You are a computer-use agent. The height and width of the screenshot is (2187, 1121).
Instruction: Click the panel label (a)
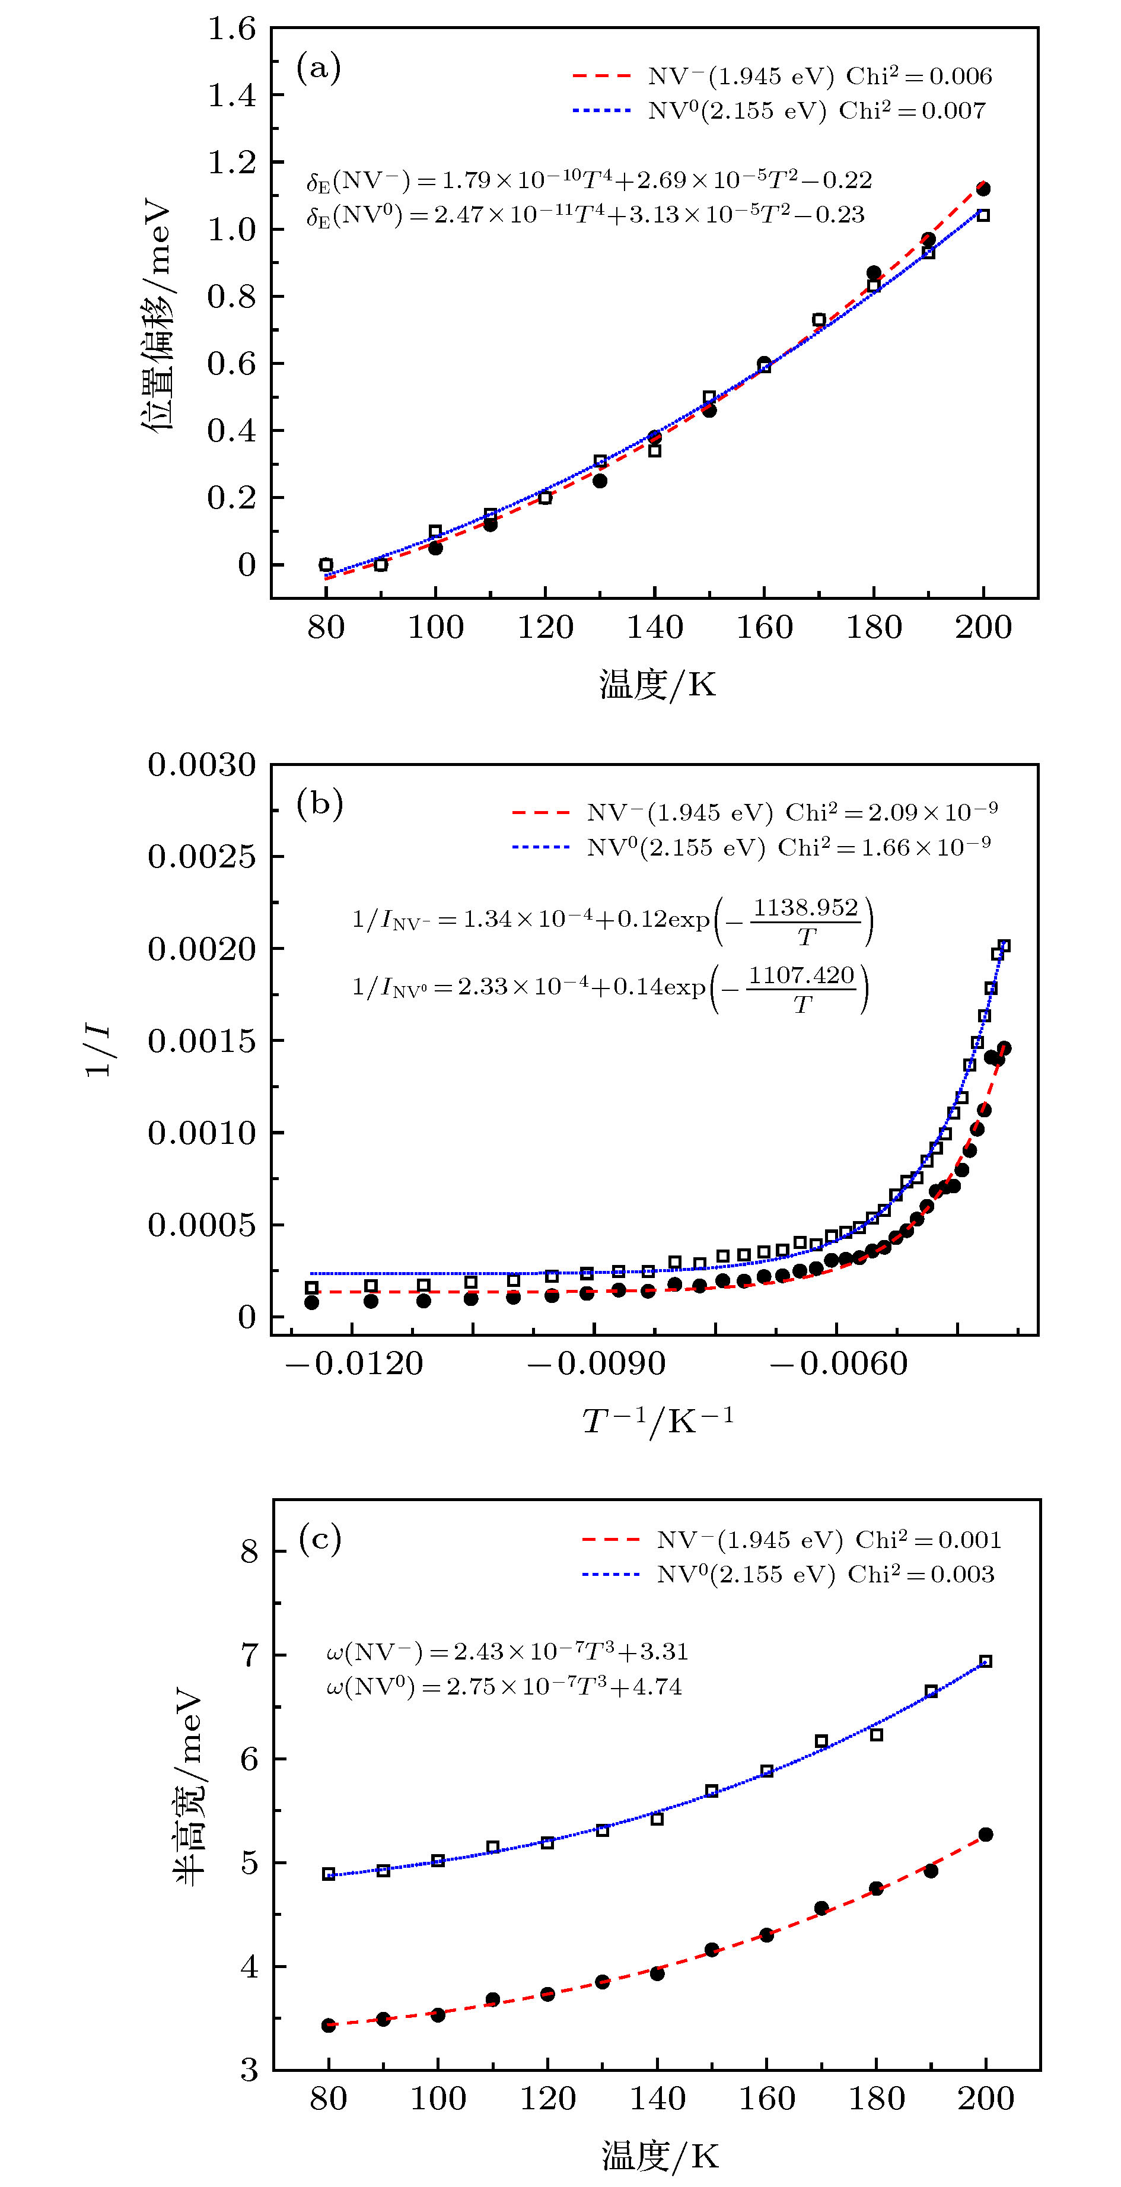click(x=319, y=67)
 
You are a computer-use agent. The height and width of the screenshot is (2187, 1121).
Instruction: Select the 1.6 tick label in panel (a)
click(x=232, y=29)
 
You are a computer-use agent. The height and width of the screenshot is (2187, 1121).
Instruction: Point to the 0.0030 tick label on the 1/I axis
click(x=202, y=765)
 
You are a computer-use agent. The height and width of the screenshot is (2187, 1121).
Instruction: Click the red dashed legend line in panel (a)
click(x=601, y=77)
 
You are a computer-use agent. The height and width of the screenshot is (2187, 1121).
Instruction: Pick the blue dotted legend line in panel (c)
click(x=611, y=1575)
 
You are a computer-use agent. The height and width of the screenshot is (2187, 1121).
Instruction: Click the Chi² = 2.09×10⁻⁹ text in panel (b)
click(x=891, y=812)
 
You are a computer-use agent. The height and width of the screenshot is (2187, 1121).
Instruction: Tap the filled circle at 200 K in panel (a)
click(x=983, y=189)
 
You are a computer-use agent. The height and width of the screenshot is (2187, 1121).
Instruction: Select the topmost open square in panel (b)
click(x=1005, y=946)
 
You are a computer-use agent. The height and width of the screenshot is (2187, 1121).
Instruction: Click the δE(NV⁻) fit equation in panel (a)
click(x=589, y=180)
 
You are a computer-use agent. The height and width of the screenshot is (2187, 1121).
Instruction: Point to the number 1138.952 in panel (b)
click(x=805, y=908)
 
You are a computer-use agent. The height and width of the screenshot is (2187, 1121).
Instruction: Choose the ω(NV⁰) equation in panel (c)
click(x=504, y=1686)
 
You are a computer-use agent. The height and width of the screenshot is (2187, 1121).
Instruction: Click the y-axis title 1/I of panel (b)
click(x=98, y=1050)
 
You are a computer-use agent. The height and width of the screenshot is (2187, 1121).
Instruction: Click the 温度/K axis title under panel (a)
click(x=658, y=684)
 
